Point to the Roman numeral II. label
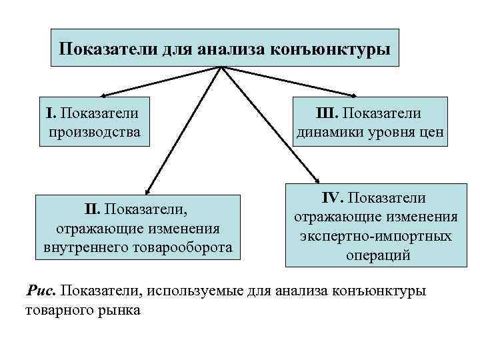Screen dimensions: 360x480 point(93,211)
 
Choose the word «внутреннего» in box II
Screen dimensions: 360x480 point(83,248)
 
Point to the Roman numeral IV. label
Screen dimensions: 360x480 point(334,197)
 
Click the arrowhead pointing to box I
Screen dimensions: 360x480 point(104,96)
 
